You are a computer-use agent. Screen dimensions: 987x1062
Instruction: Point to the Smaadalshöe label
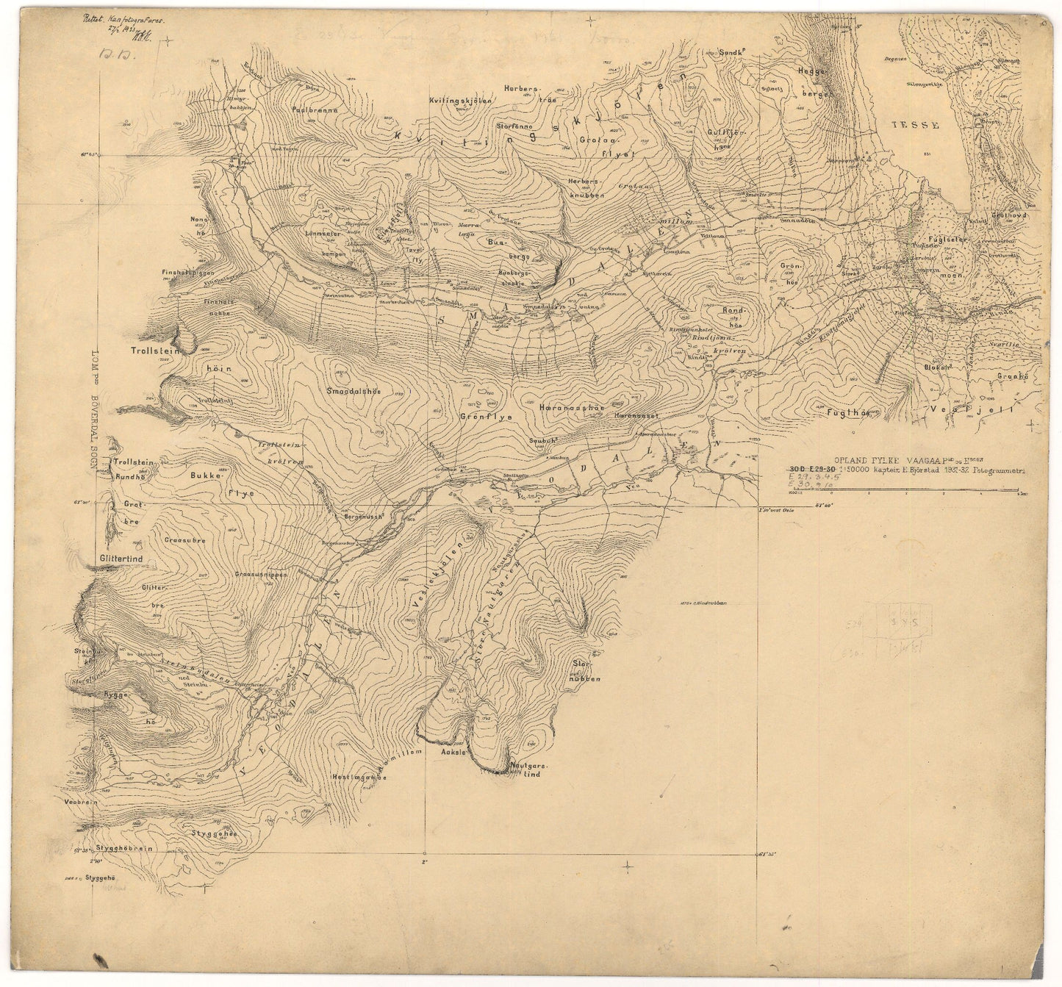coord(353,391)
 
